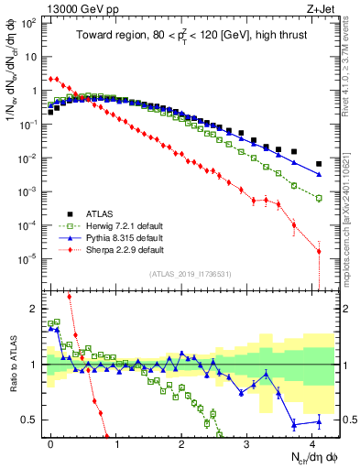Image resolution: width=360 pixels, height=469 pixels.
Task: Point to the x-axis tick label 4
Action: click(x=312, y=442)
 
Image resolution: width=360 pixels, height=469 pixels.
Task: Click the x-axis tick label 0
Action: click(x=50, y=442)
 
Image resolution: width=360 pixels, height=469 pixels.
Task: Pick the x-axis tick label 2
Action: click(x=181, y=442)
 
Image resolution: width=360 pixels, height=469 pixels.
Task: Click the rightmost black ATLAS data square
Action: click(x=319, y=164)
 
